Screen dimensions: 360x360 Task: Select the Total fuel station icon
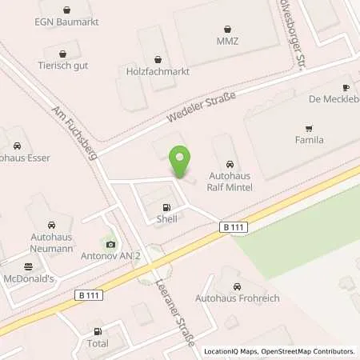point(98,330)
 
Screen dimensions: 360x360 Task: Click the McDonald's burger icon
point(29,266)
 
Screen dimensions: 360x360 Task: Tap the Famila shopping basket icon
point(308,127)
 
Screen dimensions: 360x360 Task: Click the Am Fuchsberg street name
point(74,133)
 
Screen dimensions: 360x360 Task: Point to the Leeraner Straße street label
point(183,314)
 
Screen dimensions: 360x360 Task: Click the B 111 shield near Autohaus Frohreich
point(234,228)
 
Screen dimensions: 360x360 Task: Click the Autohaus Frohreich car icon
point(237,286)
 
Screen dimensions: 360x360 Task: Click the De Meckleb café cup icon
point(346,88)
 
